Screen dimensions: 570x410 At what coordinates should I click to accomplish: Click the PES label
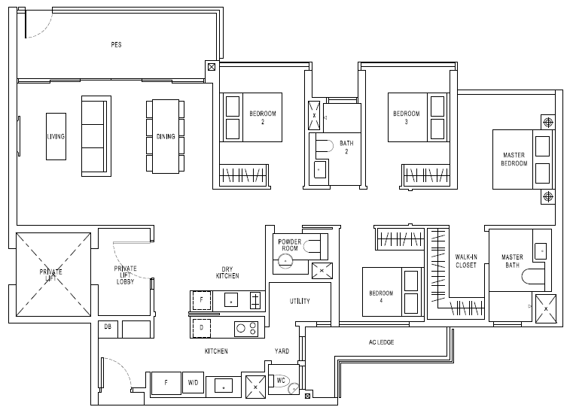pos(116,44)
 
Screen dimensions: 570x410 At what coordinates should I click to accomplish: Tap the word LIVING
pos(56,137)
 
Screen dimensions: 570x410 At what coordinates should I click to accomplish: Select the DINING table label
pos(166,137)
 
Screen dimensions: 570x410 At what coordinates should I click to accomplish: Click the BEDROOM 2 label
pos(263,117)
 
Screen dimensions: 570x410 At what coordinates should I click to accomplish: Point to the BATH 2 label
pos(346,147)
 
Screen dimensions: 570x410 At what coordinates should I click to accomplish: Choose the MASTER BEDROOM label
pos(514,159)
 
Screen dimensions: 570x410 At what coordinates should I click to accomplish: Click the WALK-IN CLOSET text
pos(466,261)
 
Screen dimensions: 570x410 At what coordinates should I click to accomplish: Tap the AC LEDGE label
pos(381,342)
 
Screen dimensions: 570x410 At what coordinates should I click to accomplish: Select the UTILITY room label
pos(300,301)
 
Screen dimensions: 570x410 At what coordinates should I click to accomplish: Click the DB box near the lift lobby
pos(108,329)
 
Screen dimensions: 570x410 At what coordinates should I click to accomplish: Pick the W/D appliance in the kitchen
pos(193,382)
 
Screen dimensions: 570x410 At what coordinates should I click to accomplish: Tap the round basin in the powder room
pos(285,261)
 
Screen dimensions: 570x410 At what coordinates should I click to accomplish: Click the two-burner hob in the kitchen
pos(246,329)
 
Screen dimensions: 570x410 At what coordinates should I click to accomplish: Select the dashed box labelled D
pos(201,327)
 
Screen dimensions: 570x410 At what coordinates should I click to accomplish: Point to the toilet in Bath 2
pos(325,146)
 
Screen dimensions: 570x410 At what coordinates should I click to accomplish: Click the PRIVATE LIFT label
pos(51,275)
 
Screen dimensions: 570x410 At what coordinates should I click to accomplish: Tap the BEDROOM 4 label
pos(381,296)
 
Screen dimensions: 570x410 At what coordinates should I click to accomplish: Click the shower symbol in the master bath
pos(546,308)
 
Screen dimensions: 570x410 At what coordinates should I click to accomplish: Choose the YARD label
pos(282,351)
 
